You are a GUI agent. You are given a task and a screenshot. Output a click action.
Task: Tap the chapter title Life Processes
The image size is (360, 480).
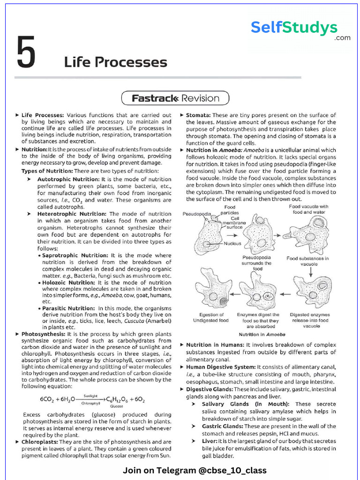[x=115, y=62]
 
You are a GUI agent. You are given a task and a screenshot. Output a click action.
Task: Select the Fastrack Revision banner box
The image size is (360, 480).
[x=175, y=98]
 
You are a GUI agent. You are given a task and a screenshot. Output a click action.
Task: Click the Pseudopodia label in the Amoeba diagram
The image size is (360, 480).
[x=196, y=214]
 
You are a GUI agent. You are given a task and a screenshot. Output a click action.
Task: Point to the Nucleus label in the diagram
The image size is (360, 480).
[x=232, y=243]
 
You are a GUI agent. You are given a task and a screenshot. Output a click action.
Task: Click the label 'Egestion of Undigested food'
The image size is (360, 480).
[x=211, y=317]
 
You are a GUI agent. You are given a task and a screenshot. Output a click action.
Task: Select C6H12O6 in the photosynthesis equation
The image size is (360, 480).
[x=120, y=400]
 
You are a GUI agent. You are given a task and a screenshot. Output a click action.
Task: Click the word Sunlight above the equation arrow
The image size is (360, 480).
[x=90, y=396]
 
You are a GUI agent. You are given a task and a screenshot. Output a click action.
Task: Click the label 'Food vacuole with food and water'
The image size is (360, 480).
[x=308, y=209]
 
